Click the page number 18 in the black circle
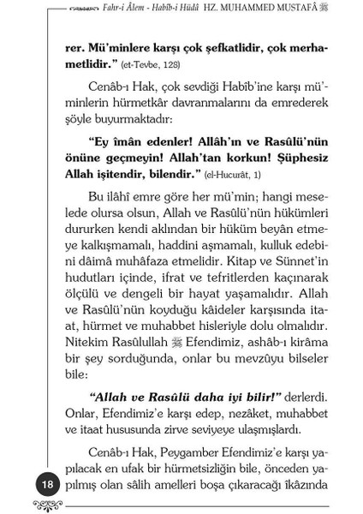click(25, 485)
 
